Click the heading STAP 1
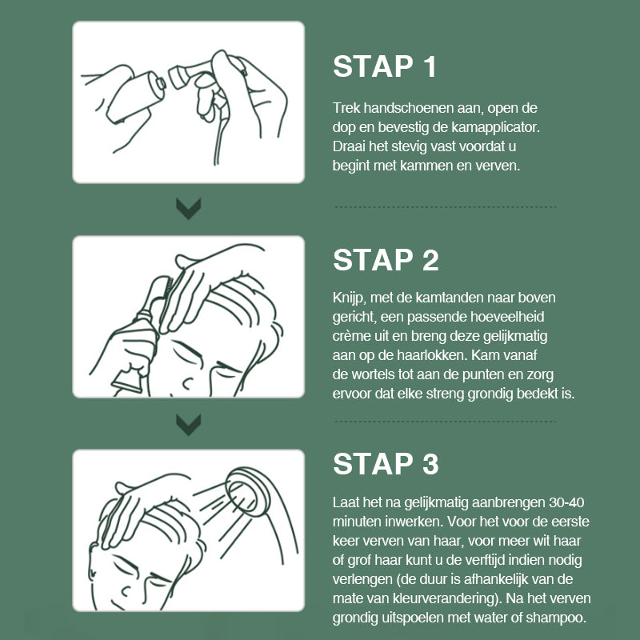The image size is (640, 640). pyautogui.click(x=385, y=66)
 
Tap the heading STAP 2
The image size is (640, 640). pyautogui.click(x=386, y=260)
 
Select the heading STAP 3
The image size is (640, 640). pyautogui.click(x=386, y=464)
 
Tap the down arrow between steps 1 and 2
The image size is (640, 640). pyautogui.click(x=189, y=209)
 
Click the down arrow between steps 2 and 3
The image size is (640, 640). pyautogui.click(x=189, y=425)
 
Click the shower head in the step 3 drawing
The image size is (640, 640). pyautogui.click(x=247, y=491)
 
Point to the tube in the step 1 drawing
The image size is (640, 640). pyautogui.click(x=135, y=97)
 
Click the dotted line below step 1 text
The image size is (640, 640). pyautogui.click(x=446, y=207)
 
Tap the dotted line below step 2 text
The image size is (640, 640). pyautogui.click(x=446, y=421)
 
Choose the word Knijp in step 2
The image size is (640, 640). pyautogui.click(x=348, y=298)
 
